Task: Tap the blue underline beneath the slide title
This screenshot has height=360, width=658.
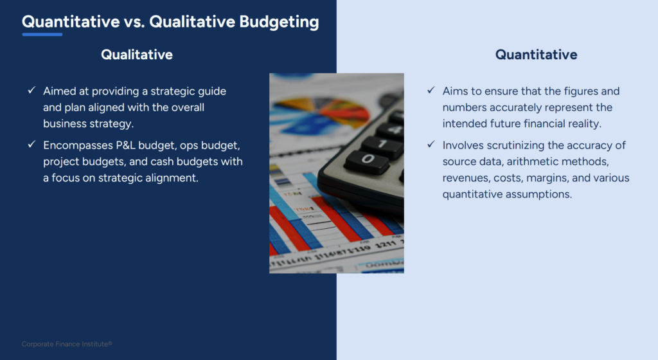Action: [x=42, y=34]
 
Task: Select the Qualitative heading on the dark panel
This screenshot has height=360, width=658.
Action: [x=136, y=55]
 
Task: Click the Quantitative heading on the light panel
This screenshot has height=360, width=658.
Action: [x=536, y=55]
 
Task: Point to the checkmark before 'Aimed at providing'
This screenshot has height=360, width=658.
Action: [x=31, y=91]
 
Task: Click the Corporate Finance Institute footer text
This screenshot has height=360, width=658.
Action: [x=67, y=344]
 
